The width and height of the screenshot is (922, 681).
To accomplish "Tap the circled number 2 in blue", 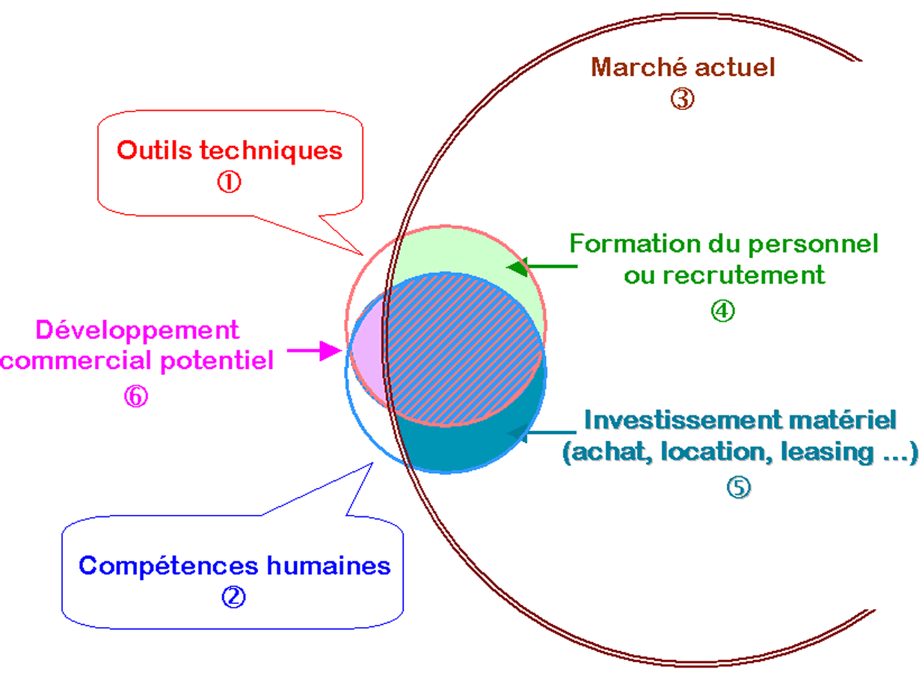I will pyautogui.click(x=233, y=596).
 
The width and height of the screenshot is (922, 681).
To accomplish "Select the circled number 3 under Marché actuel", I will pyautogui.click(x=682, y=99).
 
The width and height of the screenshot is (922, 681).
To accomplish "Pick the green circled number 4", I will pyautogui.click(x=723, y=310).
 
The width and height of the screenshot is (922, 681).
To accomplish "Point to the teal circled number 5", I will pyautogui.click(x=738, y=487).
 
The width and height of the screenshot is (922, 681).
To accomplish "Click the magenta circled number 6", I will pyautogui.click(x=136, y=396).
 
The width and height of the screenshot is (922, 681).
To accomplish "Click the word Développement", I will pyautogui.click(x=138, y=329).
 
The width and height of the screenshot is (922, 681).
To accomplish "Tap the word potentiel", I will pyautogui.click(x=216, y=361).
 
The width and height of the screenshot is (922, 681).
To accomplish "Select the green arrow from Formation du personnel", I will pyautogui.click(x=542, y=266).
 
